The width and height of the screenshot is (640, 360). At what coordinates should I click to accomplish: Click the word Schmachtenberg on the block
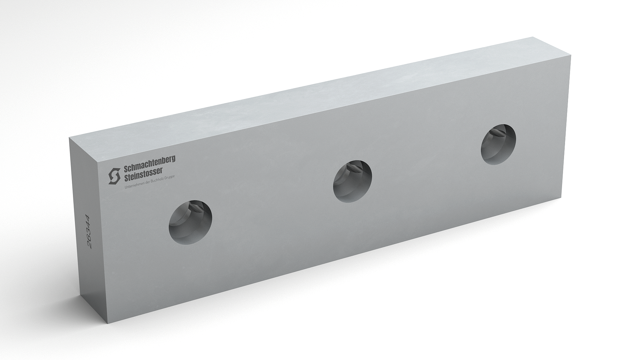(x=149, y=161)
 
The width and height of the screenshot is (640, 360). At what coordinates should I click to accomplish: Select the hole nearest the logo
(x=191, y=223)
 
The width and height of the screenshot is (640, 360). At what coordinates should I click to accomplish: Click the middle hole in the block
(x=353, y=181)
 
